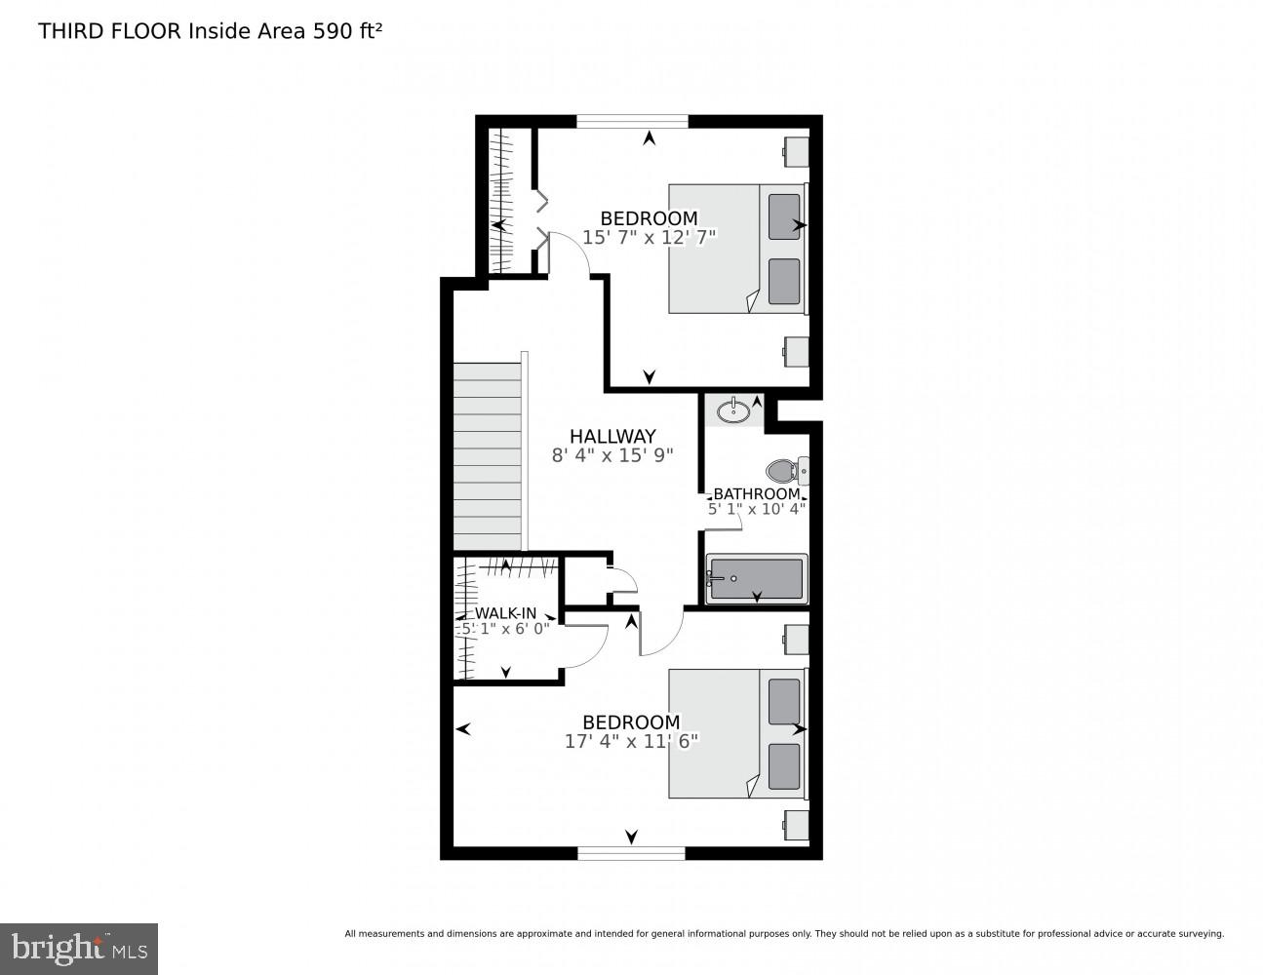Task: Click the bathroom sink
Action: tap(733, 410)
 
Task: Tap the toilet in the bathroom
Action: tap(784, 472)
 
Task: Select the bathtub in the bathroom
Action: tap(757, 579)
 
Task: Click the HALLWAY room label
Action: tap(612, 436)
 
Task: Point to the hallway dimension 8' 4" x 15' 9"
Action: tap(612, 455)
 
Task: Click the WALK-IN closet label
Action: tap(505, 613)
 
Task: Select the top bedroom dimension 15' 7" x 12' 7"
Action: tap(649, 237)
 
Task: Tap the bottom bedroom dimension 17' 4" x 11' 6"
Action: tap(631, 741)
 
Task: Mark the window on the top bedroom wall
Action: tap(632, 122)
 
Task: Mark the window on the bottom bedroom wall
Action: tap(631, 853)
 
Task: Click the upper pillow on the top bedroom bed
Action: tap(783, 216)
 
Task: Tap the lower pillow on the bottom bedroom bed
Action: tap(783, 766)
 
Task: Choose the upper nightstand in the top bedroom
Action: tap(797, 152)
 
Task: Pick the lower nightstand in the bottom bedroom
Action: tap(797, 825)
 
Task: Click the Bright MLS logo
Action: tap(79, 949)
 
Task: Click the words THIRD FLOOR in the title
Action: tap(109, 30)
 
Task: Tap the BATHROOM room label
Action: tap(756, 494)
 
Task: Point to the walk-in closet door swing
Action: tap(588, 643)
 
